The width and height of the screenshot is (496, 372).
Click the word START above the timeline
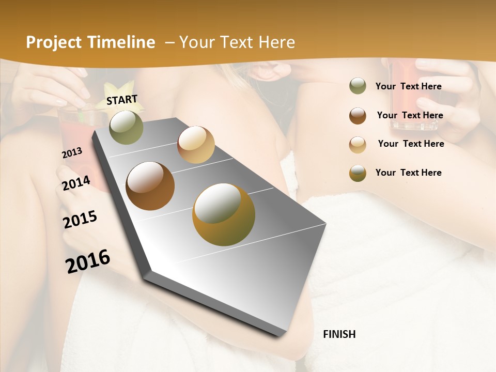point(122,99)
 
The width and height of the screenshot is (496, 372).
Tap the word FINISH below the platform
point(339,334)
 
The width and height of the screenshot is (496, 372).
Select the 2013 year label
point(72,153)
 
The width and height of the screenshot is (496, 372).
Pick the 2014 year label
point(76,183)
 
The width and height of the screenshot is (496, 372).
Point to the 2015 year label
point(80,219)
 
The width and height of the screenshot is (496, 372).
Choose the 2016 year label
point(88,261)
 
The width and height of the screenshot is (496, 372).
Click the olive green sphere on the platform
point(126,127)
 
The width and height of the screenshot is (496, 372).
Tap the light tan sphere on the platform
point(196,145)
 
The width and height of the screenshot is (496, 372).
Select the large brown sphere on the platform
point(150,186)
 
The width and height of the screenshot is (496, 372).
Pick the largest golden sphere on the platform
point(224,214)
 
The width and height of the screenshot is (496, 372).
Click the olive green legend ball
point(358,86)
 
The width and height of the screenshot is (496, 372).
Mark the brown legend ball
point(358,116)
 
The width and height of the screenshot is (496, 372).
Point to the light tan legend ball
point(358,145)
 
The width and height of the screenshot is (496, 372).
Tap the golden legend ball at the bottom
point(358,173)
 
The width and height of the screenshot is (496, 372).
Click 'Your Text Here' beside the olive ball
point(408,86)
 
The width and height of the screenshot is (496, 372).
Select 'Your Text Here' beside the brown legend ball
point(410,115)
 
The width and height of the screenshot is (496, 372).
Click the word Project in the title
point(54,42)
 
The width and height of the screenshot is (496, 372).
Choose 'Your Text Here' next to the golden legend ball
point(408,173)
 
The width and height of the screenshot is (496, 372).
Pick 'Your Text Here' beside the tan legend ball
point(411,144)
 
